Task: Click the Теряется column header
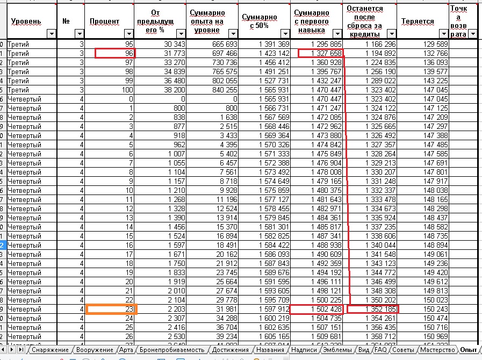click(x=418, y=21)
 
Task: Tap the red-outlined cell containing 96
click(x=115, y=53)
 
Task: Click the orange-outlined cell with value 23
click(x=112, y=309)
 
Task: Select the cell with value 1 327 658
click(x=316, y=53)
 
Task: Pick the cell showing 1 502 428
click(x=316, y=309)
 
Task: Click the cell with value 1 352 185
click(x=372, y=309)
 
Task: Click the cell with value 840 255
click(x=213, y=90)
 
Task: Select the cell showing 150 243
click(x=422, y=309)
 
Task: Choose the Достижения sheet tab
click(x=230, y=350)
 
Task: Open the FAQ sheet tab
click(x=380, y=350)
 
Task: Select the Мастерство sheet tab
click(x=437, y=350)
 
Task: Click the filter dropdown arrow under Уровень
click(x=51, y=34)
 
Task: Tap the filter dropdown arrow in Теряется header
click(x=444, y=34)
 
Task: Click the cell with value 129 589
click(x=422, y=44)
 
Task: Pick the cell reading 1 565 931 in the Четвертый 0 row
click(x=264, y=99)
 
